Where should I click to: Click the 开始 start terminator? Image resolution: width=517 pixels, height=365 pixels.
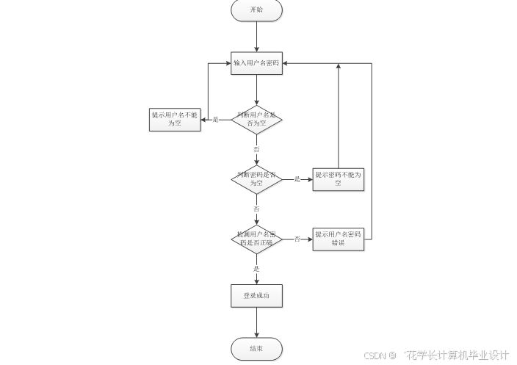point(256,10)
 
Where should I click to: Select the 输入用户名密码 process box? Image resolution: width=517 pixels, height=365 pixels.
point(256,63)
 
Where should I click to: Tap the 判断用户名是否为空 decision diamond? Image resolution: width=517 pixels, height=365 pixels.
point(256,119)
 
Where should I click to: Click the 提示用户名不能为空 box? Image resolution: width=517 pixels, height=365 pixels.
point(175,119)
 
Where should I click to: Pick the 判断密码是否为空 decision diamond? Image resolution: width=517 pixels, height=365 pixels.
point(256,179)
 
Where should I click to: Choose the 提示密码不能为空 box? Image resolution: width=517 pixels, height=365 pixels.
point(339,179)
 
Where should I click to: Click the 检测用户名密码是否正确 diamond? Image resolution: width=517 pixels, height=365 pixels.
point(256,239)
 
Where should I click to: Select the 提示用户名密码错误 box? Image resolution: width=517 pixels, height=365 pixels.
point(339,239)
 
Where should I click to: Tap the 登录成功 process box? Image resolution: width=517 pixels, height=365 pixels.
point(256,296)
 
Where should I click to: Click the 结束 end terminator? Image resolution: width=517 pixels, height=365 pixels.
point(256,349)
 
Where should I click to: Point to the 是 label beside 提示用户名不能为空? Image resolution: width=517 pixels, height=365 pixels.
point(215,119)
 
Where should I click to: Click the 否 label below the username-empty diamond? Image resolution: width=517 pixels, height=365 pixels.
point(256,149)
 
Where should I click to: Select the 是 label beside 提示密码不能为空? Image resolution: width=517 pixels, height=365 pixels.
point(297,179)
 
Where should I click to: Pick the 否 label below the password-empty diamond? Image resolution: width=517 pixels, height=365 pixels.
point(256,209)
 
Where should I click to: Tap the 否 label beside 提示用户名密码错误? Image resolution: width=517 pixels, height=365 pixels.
point(297,239)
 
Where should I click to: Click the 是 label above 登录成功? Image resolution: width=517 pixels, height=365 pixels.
point(256,269)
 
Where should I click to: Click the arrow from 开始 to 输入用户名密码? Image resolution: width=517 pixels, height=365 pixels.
point(256,37)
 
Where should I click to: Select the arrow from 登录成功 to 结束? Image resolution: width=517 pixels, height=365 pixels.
point(256,322)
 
